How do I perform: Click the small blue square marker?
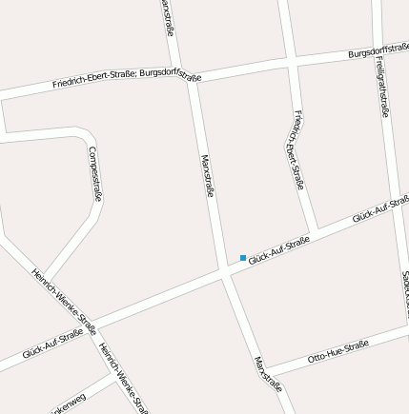(243, 258)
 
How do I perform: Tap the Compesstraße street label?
(94, 173)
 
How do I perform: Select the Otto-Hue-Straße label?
(338, 352)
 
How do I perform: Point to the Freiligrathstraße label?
(381, 86)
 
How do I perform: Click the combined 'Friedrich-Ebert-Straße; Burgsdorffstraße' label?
(127, 77)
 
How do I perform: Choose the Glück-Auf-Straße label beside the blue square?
(279, 250)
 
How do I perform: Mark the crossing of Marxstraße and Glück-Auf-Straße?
(226, 273)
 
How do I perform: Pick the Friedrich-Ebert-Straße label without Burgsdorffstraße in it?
(298, 149)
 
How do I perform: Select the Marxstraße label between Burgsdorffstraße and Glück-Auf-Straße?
(207, 175)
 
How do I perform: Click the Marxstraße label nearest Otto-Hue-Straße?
(268, 374)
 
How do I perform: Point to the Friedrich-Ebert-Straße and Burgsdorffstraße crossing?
(293, 61)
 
